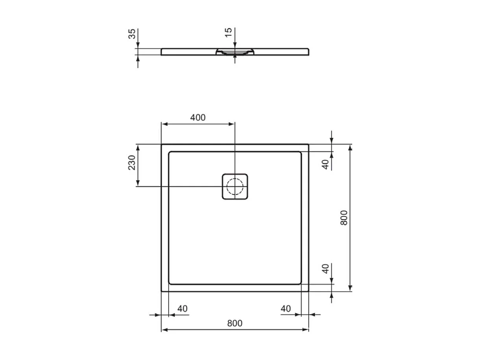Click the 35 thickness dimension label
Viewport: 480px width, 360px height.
(133, 33)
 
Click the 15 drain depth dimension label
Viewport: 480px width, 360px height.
(228, 33)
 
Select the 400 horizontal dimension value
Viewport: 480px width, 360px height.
(198, 117)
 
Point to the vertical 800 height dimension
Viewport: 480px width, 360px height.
(344, 218)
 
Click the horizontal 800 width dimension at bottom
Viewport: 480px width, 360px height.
(235, 323)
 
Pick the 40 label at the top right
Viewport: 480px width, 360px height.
(325, 164)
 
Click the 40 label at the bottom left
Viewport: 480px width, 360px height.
(182, 308)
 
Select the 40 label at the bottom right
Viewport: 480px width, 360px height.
(286, 308)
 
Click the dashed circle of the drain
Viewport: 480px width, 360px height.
(235, 186)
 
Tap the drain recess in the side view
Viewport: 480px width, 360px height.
(235, 52)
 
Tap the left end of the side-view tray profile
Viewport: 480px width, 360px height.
(162, 52)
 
